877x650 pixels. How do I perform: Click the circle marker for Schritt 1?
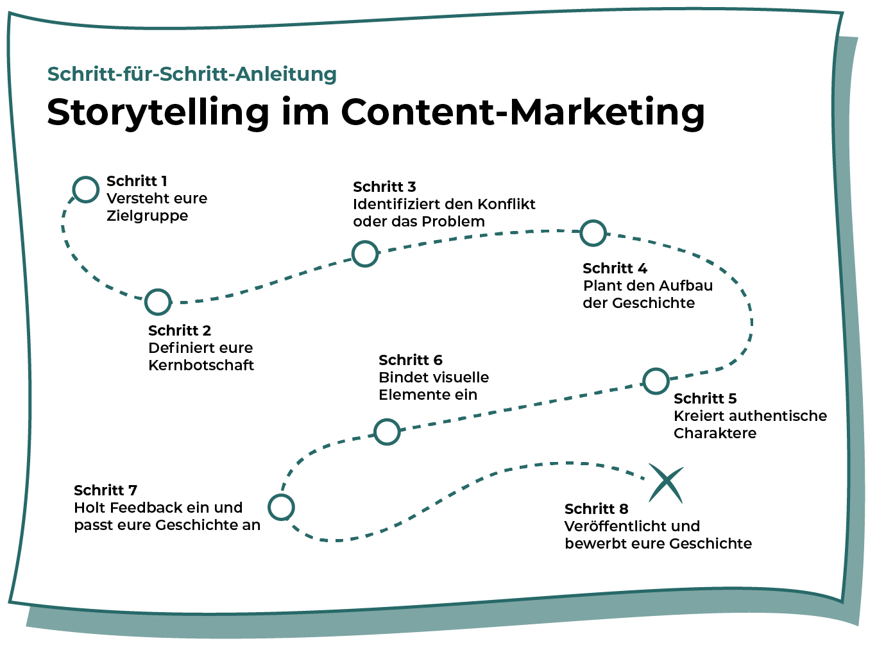tap(86, 189)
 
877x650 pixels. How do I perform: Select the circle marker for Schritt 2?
tap(158, 302)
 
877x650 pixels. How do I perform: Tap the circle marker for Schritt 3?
tap(365, 254)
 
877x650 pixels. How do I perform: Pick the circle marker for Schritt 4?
tap(593, 233)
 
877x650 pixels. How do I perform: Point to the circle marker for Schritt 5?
tap(656, 381)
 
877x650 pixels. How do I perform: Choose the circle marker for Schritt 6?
tap(387, 432)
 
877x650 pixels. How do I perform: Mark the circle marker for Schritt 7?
tap(281, 507)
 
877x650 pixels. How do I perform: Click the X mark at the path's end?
tap(665, 483)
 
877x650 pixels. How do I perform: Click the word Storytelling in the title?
tap(158, 113)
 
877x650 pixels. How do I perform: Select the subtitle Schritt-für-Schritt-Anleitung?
tap(192, 74)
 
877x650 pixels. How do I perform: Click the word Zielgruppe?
tap(148, 216)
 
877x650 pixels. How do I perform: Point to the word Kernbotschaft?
tap(201, 365)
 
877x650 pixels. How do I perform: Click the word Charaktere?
tap(715, 433)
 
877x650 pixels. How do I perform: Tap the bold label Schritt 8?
tap(596, 509)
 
